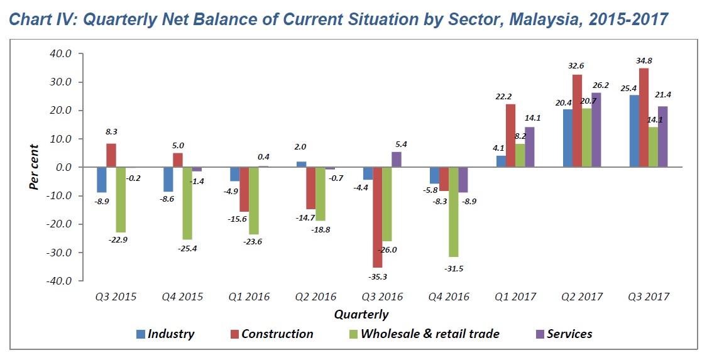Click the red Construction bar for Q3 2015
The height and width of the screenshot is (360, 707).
pyautogui.click(x=111, y=155)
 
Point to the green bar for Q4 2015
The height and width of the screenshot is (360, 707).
pyautogui.click(x=187, y=203)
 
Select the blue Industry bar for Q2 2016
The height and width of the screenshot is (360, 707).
pyautogui.click(x=301, y=164)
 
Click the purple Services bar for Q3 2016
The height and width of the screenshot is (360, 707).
pyautogui.click(x=396, y=160)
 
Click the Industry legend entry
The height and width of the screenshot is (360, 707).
pyautogui.click(x=165, y=334)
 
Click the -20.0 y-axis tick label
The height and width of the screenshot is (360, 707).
pyautogui.click(x=61, y=224)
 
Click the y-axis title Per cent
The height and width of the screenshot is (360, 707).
pyautogui.click(x=35, y=167)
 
